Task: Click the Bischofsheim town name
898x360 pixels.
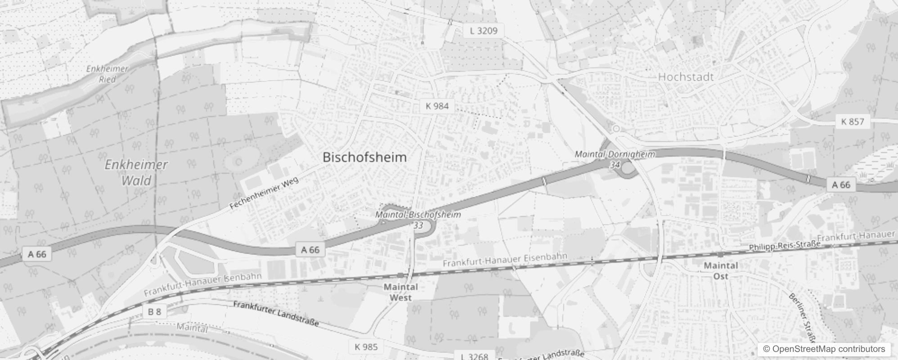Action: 364,157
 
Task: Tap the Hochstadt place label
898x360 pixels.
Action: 686,77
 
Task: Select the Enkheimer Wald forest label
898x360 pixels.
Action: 136,172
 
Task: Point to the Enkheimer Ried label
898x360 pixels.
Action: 108,74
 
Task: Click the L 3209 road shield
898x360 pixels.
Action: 483,31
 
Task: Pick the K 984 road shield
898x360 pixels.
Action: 437,106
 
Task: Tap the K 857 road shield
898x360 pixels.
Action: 852,121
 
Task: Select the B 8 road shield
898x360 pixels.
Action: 154,311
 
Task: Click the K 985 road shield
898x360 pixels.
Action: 366,346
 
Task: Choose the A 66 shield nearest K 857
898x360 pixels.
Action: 841,184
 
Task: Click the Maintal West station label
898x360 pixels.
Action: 400,292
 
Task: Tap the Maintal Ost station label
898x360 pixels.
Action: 720,270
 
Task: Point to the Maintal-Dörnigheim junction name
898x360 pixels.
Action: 615,154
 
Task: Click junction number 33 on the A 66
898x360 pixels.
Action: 418,225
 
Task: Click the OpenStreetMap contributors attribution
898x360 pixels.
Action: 824,349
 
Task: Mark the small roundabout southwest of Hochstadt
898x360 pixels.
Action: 616,129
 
